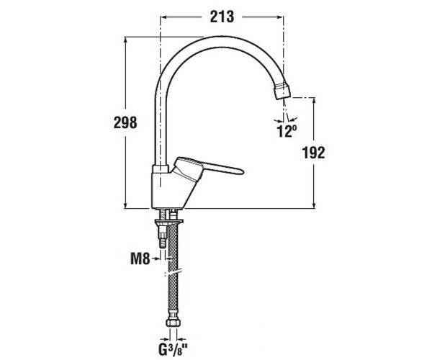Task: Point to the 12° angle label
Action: click(287, 131)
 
